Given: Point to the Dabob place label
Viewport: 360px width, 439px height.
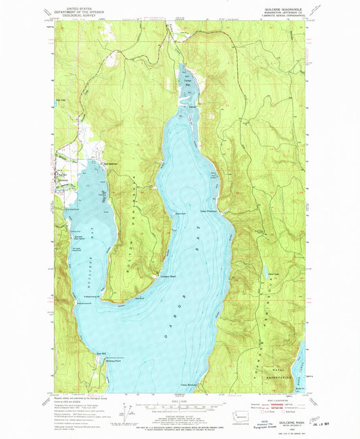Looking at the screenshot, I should [192, 106].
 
